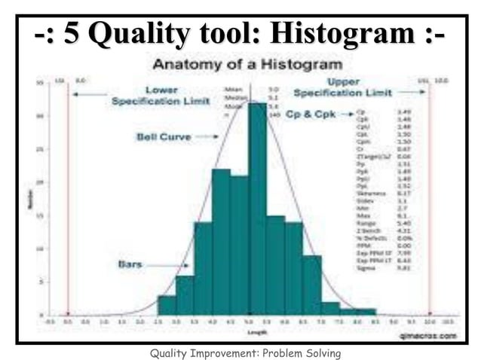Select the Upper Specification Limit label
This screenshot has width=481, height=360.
coord(342,87)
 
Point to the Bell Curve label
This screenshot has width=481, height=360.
coord(163,137)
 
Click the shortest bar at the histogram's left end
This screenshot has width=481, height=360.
coord(167,305)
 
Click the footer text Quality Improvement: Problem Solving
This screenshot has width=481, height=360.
coord(240,352)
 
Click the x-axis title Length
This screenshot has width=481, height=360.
coord(248,331)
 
